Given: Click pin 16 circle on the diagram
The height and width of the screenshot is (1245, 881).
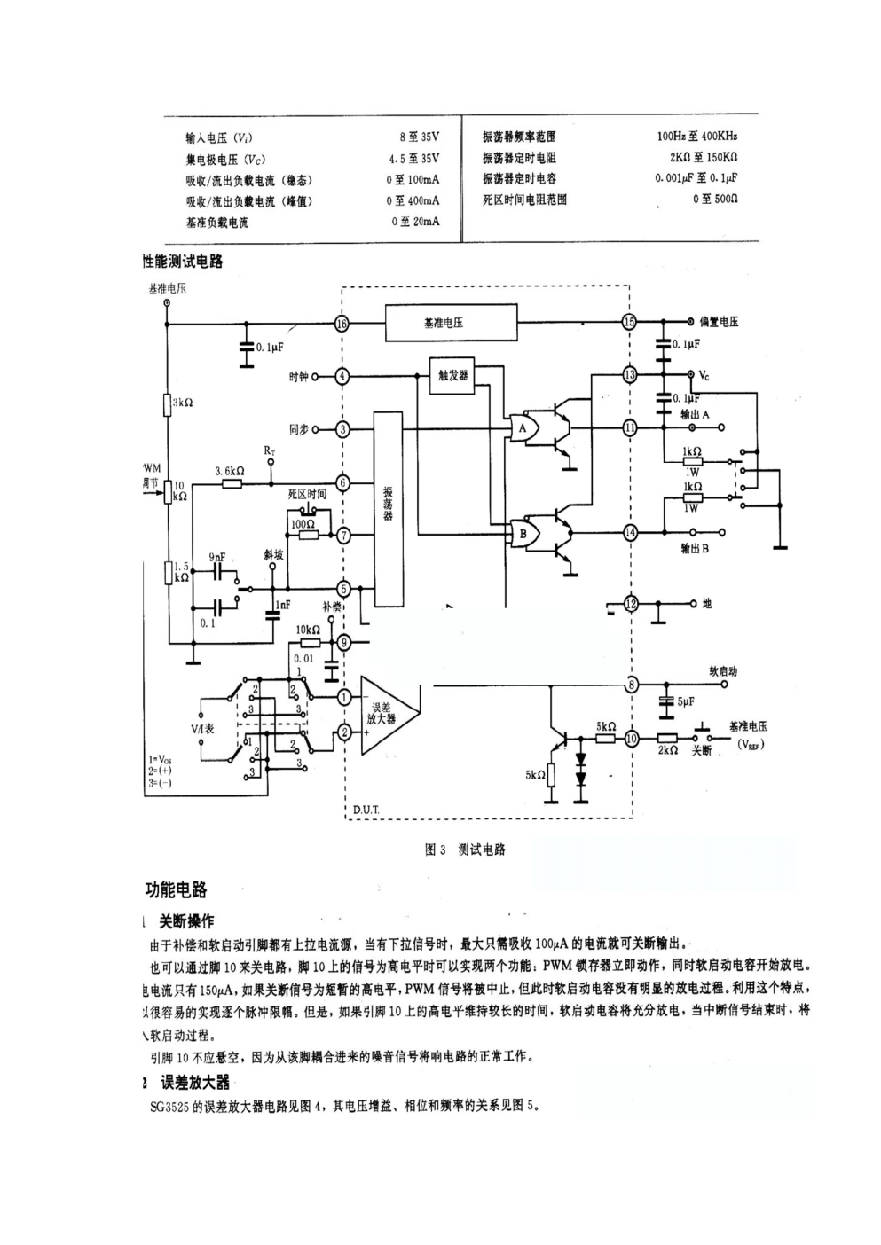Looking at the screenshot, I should tap(342, 323).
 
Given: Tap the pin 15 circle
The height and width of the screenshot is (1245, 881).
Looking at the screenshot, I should tap(629, 322).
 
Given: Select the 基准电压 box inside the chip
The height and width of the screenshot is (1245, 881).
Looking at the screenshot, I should tap(451, 323).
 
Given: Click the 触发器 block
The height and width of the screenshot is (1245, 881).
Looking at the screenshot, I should tap(452, 374).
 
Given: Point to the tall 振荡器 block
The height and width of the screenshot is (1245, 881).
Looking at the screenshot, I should tap(388, 508).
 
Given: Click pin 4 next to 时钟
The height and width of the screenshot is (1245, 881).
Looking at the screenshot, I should tap(342, 376).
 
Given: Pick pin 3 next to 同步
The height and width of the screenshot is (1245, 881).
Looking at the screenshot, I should tap(342, 429).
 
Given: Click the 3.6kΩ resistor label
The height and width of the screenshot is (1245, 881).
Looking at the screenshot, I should tap(230, 471).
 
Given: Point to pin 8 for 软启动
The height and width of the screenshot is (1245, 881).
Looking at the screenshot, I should tap(631, 684).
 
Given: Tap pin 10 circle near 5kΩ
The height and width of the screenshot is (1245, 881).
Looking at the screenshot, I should tap(631, 738).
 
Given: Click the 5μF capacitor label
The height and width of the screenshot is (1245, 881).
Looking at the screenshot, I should tap(686, 701).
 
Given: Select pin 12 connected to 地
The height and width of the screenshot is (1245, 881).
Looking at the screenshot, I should tap(631, 604).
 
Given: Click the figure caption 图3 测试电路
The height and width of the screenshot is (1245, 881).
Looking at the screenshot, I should tap(465, 850).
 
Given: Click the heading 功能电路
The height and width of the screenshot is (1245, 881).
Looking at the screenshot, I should tap(177, 889).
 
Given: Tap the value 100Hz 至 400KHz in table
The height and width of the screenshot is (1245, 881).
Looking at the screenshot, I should tap(696, 137).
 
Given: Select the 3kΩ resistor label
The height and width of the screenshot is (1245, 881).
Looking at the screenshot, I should tap(183, 403).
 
